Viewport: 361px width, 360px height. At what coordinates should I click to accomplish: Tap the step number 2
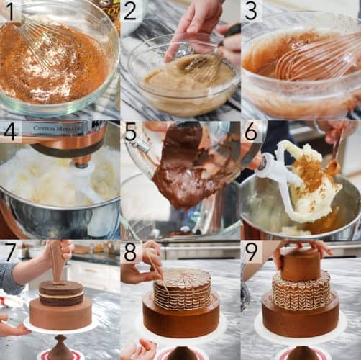(130, 11)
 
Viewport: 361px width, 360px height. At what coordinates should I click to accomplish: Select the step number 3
(250, 11)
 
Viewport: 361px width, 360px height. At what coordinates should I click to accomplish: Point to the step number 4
(10, 131)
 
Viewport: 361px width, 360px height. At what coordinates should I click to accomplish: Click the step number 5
(130, 131)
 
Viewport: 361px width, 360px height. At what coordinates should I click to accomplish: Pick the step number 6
(250, 131)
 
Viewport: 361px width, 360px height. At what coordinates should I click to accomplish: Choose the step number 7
(10, 251)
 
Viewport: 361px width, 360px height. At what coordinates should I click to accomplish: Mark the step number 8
(130, 251)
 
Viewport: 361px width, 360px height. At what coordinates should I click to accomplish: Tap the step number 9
(250, 251)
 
